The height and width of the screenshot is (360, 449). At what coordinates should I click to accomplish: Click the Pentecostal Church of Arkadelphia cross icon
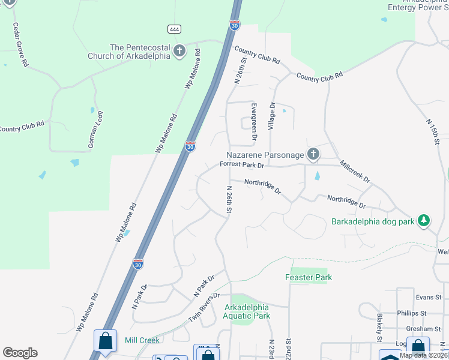click(x=179, y=52)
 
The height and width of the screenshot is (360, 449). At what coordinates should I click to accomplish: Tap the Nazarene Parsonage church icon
click(x=313, y=155)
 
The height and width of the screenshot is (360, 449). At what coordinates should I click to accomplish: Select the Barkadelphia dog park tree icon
click(x=424, y=221)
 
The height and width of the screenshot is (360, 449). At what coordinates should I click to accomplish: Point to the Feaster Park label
click(x=308, y=277)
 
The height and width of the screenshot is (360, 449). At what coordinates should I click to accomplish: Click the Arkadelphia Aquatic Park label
click(x=247, y=311)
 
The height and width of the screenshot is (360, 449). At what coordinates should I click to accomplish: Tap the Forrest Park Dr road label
click(x=242, y=164)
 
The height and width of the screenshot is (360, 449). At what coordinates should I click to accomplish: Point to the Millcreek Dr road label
click(x=355, y=171)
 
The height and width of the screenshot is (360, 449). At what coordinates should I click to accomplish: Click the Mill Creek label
click(x=142, y=340)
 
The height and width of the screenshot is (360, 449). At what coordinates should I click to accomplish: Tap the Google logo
click(x=20, y=352)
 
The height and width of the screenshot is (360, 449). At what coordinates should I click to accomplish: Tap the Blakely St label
click(x=379, y=324)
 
